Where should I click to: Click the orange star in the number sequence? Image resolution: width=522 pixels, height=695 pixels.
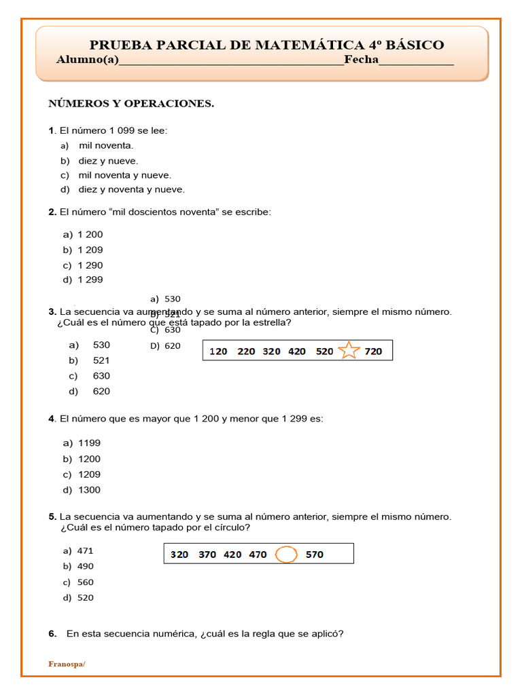pyautogui.click(x=348, y=351)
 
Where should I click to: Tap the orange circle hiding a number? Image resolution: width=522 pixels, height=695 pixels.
pyautogui.click(x=287, y=555)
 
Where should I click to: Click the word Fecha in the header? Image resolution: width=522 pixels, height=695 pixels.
pyautogui.click(x=361, y=60)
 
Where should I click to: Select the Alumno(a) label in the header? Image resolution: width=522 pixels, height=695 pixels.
pyautogui.click(x=87, y=60)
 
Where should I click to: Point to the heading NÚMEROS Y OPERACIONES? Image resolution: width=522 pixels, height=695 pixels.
pyautogui.click(x=130, y=103)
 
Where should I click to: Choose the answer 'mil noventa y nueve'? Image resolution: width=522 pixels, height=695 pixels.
pyautogui.click(x=124, y=175)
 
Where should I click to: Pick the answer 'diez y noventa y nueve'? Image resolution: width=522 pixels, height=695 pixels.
pyautogui.click(x=131, y=189)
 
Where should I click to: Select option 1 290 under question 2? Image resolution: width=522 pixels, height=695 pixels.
pyautogui.click(x=90, y=265)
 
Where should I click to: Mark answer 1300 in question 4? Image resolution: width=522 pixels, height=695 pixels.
pyautogui.click(x=89, y=490)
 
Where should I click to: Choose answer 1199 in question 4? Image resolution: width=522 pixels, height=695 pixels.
pyautogui.click(x=89, y=443)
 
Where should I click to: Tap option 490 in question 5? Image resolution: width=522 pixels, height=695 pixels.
pyautogui.click(x=86, y=566)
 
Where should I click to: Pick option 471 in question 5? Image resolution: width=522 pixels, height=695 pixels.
pyautogui.click(x=85, y=550)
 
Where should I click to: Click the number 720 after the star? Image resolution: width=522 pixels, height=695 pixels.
pyautogui.click(x=373, y=352)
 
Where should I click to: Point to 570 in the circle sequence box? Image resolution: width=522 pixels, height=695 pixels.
pyautogui.click(x=315, y=555)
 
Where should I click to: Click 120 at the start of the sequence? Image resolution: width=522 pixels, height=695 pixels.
pyautogui.click(x=218, y=352)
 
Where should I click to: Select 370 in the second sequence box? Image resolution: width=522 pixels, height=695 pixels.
pyautogui.click(x=207, y=555)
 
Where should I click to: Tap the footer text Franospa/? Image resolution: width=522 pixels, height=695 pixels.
pyautogui.click(x=67, y=664)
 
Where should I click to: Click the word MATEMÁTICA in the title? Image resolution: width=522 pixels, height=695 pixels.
pyautogui.click(x=309, y=45)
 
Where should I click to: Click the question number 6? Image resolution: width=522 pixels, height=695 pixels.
pyautogui.click(x=52, y=634)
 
